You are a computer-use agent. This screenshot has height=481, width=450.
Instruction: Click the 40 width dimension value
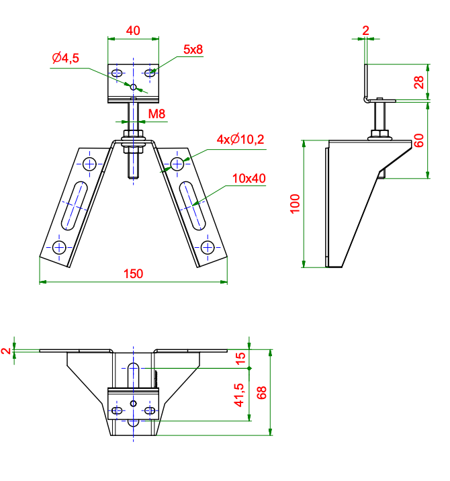(133, 31)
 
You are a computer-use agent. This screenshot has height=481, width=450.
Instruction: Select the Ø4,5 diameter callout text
(65, 58)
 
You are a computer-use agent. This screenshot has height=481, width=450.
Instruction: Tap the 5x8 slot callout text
(193, 50)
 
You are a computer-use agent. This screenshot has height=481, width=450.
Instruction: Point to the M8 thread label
(156, 114)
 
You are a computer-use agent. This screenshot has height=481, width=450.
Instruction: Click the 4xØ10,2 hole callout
(240, 140)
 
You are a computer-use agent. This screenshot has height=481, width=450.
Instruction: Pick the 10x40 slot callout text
(249, 179)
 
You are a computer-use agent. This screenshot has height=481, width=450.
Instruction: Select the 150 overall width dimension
(133, 273)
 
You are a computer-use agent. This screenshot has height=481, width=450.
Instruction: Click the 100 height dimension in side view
(295, 204)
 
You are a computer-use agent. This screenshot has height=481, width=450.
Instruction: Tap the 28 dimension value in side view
(419, 82)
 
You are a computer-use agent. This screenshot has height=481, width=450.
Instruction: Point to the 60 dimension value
(419, 140)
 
